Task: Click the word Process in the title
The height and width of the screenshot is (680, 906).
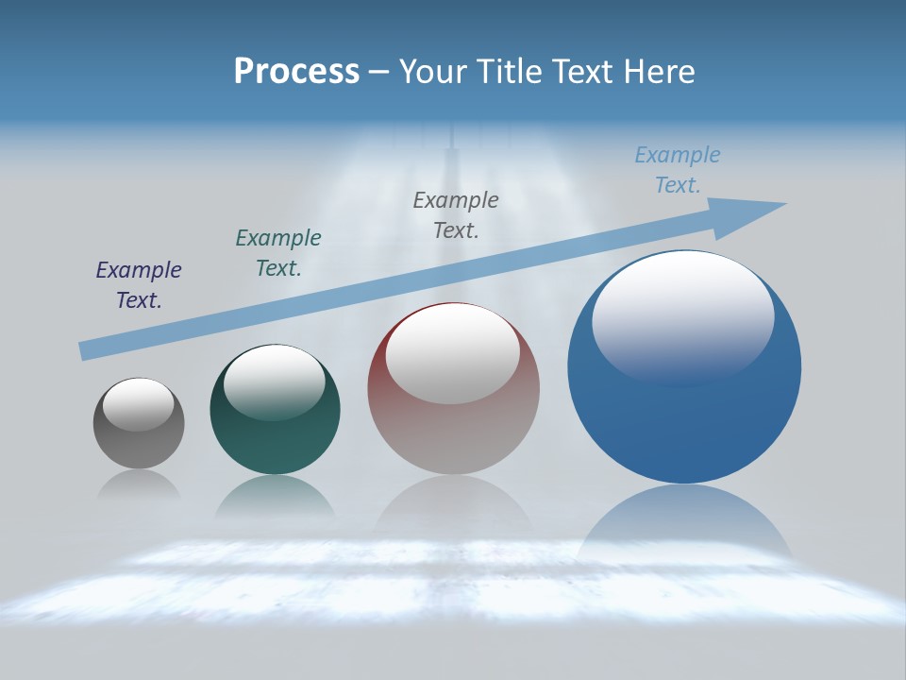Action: click(x=296, y=72)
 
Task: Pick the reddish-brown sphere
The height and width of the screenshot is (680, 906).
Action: click(x=453, y=434)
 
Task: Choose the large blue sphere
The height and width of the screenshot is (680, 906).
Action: click(x=684, y=416)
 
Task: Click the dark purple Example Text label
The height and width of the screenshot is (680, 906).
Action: click(x=139, y=285)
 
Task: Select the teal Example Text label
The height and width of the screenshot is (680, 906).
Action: click(x=278, y=253)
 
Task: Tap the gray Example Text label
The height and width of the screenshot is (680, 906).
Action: click(x=456, y=214)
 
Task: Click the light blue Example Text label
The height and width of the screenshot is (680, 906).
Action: click(x=678, y=170)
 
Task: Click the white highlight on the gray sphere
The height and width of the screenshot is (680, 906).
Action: click(x=139, y=404)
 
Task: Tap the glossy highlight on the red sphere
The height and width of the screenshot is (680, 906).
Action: click(x=452, y=351)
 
